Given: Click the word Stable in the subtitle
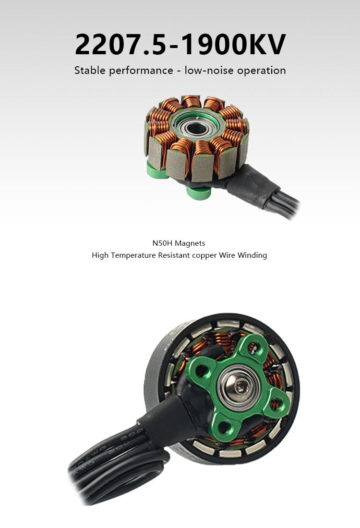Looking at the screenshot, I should pos(90,71).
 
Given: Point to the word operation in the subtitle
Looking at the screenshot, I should pos(262,71).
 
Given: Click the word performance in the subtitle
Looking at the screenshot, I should pos(141,71).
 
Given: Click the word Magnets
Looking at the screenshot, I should pos(190,243).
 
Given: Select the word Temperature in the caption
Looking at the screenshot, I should pos(133,255).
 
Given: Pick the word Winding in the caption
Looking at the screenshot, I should pos(252,255).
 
